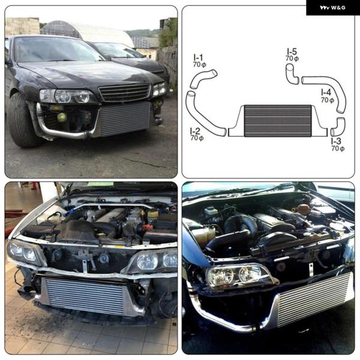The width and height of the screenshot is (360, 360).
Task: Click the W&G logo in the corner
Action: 332,8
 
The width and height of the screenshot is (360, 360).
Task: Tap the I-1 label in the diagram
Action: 198,57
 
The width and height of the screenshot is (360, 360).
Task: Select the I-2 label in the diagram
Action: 195,131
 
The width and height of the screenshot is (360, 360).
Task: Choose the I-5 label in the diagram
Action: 292,51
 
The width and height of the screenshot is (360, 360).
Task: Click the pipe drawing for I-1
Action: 203,79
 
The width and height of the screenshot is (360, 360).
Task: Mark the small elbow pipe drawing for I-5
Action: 292,74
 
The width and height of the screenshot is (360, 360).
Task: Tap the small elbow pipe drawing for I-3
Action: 338,127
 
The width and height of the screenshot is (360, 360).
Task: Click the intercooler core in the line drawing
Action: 278,121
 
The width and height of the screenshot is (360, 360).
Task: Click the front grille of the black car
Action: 124,92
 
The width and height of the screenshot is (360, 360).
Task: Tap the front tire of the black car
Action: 22,121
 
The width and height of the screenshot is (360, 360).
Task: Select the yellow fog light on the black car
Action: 62,118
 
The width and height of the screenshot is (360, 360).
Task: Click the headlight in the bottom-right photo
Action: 240,276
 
